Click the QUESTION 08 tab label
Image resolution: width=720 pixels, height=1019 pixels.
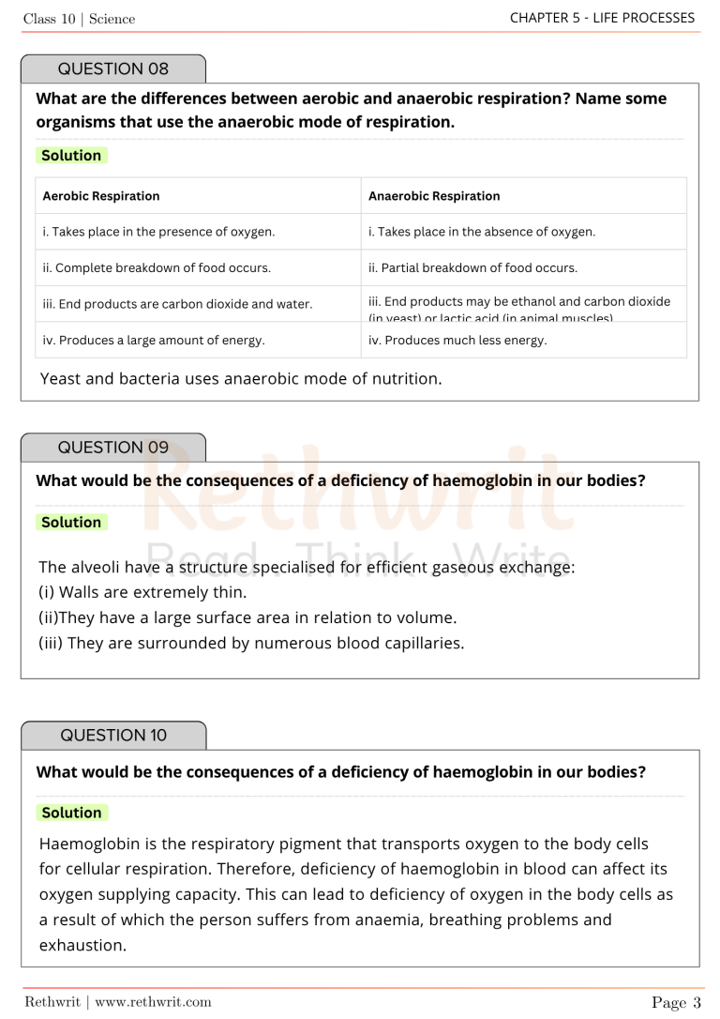[x=113, y=68]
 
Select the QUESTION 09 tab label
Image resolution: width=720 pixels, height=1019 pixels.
[x=113, y=448]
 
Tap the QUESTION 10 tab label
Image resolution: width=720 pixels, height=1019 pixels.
[x=113, y=736]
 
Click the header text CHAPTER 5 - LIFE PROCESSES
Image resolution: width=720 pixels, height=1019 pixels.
[x=602, y=18]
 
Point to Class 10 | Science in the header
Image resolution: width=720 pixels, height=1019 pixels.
[x=80, y=19]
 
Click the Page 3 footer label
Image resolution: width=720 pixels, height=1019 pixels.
[x=676, y=1002]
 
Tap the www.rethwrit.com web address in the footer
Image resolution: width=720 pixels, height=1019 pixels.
[x=153, y=1002]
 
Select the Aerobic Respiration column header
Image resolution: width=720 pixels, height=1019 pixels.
[x=101, y=196]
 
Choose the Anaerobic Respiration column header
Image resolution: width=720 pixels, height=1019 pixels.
[x=434, y=196]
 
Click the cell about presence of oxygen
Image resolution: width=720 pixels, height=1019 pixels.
[x=158, y=232]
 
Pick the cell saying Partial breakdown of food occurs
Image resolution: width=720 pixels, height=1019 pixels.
[x=472, y=267]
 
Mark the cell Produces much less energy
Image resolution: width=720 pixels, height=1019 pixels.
[x=457, y=341]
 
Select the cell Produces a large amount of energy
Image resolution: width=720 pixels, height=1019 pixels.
[x=154, y=341]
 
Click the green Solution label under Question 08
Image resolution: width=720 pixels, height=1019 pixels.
[x=71, y=156]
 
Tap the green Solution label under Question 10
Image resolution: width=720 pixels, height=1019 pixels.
[x=71, y=813]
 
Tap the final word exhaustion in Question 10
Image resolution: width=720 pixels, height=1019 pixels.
[x=82, y=945]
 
